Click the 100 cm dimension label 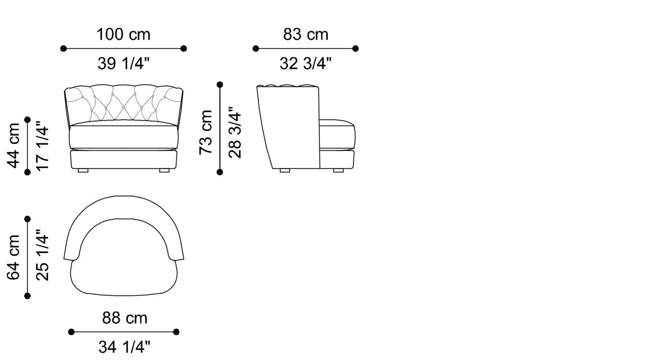click(x=123, y=34)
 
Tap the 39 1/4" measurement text click(x=123, y=63)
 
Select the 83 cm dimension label click(x=306, y=34)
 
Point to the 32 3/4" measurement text click(x=306, y=63)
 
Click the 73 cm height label click(x=205, y=132)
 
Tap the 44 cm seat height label click(x=14, y=145)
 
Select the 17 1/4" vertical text click(x=42, y=145)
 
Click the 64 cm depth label click(x=14, y=257)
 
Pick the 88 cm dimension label click(x=124, y=318)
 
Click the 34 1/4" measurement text click(x=124, y=347)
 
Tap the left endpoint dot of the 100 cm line click(x=63, y=48)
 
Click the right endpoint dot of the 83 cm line click(x=356, y=48)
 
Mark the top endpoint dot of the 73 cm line click(x=220, y=84)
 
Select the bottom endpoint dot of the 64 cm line click(x=27, y=296)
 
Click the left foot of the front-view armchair click(x=83, y=170)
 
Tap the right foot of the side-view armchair click(x=338, y=170)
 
